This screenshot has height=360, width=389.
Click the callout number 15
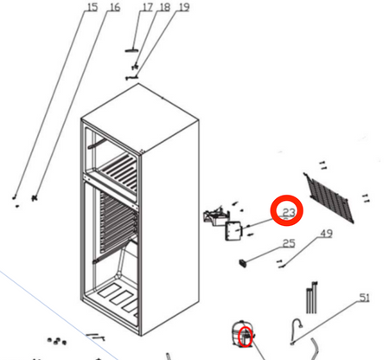(x=92, y=7)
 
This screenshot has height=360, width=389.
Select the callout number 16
(x=115, y=7)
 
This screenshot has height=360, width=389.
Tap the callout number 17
(x=147, y=7)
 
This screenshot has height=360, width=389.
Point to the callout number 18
(x=164, y=7)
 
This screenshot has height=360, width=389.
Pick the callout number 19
(x=184, y=7)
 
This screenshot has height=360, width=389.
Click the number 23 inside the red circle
(x=289, y=213)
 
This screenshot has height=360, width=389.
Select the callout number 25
(x=289, y=243)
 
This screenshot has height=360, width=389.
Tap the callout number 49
(x=326, y=234)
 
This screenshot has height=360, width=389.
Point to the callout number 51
(x=364, y=298)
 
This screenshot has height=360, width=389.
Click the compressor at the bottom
(x=244, y=333)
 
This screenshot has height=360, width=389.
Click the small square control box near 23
(x=233, y=231)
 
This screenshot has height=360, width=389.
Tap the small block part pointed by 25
(x=243, y=263)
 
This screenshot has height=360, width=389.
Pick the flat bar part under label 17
(x=131, y=50)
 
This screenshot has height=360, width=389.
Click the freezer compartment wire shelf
(x=118, y=172)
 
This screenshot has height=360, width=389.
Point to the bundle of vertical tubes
(x=312, y=298)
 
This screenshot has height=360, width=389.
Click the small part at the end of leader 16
(x=35, y=198)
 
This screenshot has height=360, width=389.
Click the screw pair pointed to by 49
(x=280, y=264)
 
